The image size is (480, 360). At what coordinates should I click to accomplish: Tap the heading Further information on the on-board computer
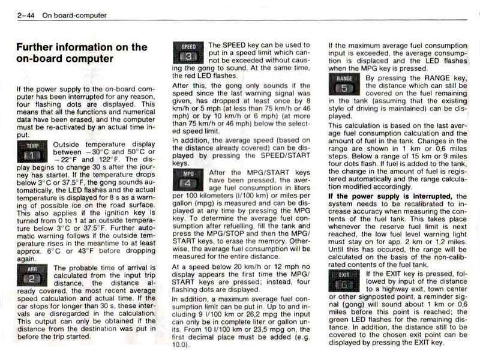[x=81, y=53]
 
